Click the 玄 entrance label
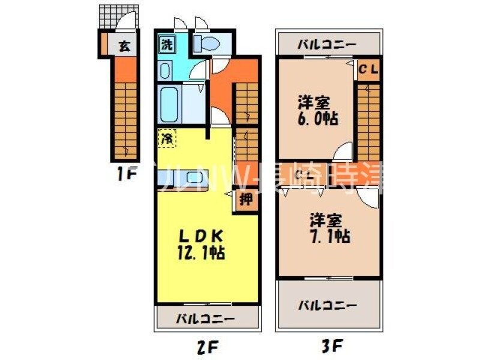pyautogui.click(x=123, y=46)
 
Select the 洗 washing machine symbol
pyautogui.click(x=166, y=43)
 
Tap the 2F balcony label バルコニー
pyautogui.click(x=205, y=319)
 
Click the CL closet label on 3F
pyautogui.click(x=368, y=70)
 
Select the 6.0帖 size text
pyautogui.click(x=316, y=118)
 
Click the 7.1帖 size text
pyautogui.click(x=329, y=235)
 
